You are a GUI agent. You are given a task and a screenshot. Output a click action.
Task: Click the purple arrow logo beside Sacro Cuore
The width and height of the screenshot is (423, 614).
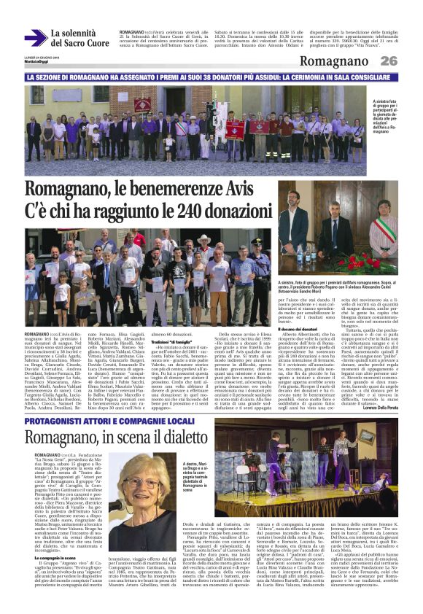point(34,37)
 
